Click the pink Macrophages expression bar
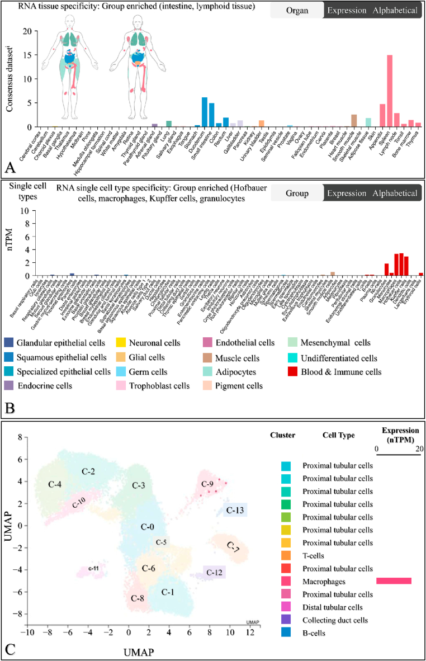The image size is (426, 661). tap(394, 581)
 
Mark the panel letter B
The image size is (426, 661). tap(11, 406)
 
